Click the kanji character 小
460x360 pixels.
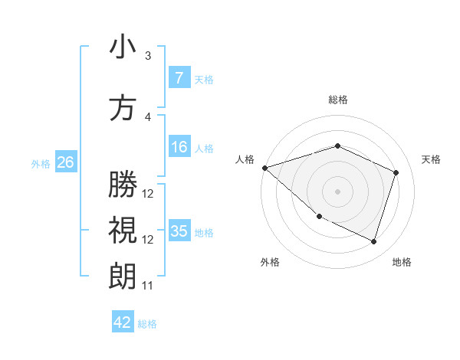coord(123,47)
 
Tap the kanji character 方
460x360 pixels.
coord(123,107)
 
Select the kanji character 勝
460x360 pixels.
coord(123,185)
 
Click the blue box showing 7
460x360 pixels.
coord(179,77)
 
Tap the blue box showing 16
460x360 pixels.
coord(179,147)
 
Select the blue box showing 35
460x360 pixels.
coord(179,231)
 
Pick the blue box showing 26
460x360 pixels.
coord(65,162)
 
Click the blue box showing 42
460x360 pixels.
coord(123,322)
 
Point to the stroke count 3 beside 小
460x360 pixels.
coord(148,56)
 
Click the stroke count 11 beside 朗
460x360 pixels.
coord(148,286)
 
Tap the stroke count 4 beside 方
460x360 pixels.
coord(148,116)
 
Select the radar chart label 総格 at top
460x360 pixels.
coord(337,100)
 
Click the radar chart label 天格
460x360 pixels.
coord(431,159)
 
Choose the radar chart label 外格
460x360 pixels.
coord(270,262)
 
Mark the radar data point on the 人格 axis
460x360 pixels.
coord(264,168)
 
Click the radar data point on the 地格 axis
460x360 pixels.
coord(374,242)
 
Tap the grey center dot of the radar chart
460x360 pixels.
coord(337,191)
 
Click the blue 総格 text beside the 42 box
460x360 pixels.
coord(147,324)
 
